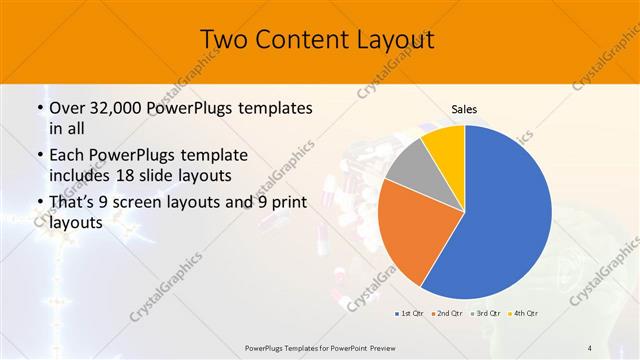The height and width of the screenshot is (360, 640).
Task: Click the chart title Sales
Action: coord(465,109)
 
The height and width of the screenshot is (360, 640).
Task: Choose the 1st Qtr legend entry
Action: coord(410,314)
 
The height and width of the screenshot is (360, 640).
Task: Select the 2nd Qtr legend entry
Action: coord(446,314)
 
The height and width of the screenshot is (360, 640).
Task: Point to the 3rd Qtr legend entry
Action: coord(484,314)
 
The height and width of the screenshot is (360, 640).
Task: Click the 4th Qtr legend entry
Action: coord(523,314)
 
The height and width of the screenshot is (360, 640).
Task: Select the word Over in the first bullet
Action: coord(67,108)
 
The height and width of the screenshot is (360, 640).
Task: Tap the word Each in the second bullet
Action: coord(69,156)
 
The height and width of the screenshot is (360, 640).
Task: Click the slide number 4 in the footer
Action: coord(589,347)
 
